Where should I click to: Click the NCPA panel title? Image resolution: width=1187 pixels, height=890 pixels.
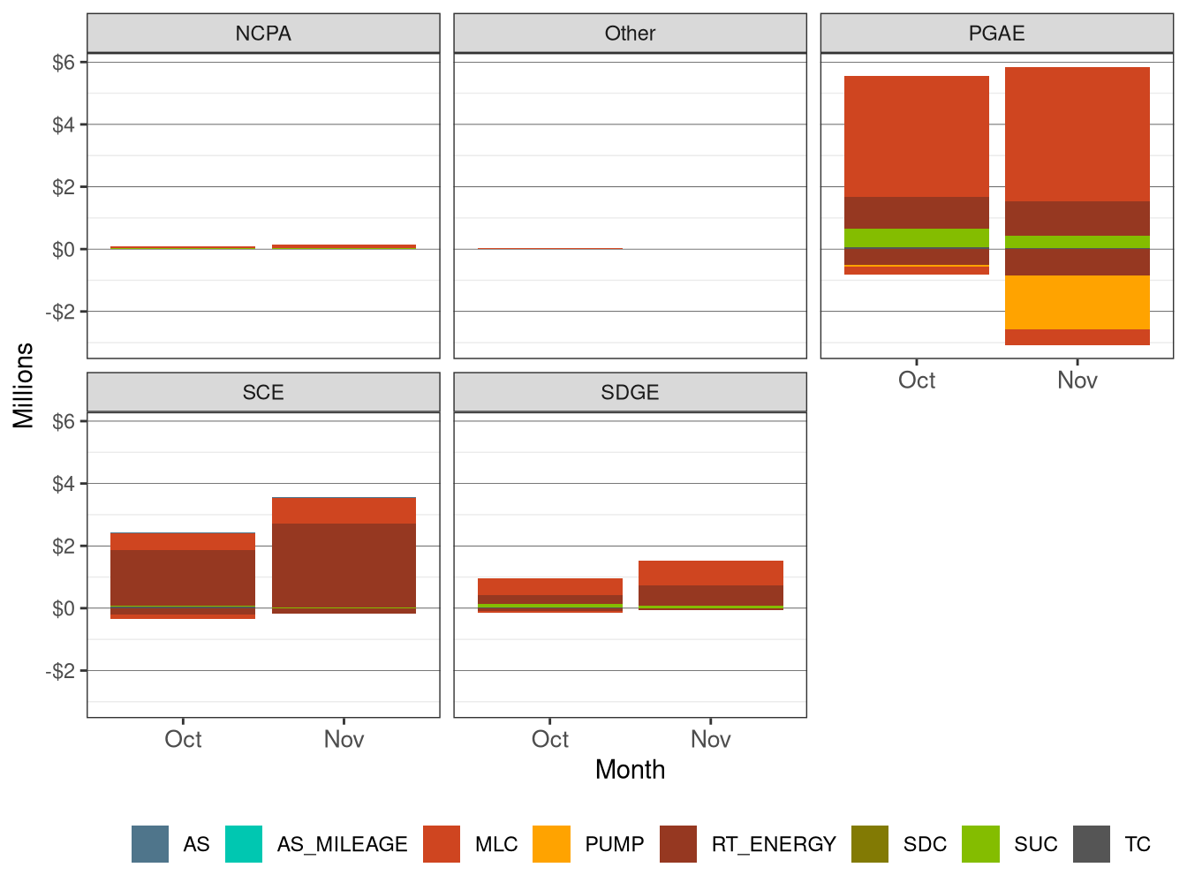pos(263,34)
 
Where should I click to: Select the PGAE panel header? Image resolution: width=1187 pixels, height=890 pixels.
pos(996,34)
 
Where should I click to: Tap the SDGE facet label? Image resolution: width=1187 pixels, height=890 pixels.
pos(630,393)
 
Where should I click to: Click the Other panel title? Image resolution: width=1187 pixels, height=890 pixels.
pos(630,34)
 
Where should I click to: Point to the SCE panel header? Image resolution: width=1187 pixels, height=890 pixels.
pos(263,393)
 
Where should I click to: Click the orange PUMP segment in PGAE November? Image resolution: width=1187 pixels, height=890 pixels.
pos(1077,303)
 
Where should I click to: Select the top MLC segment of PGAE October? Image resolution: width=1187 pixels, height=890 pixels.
pos(916,137)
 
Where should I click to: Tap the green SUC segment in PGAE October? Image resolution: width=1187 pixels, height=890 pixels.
pos(916,238)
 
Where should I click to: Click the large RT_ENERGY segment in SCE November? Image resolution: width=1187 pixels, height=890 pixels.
pos(344,565)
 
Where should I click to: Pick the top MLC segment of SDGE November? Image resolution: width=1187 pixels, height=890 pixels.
pos(710,573)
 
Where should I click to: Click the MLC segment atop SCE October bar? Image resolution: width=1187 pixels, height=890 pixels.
pos(183,541)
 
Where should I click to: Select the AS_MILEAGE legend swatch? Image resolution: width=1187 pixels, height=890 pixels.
pos(244,844)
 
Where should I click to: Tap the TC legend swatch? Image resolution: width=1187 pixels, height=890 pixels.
pos(1092,844)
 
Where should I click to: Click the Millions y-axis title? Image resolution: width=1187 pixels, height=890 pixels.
pos(24,386)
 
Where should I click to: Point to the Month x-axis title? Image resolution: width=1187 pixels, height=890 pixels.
pos(630,770)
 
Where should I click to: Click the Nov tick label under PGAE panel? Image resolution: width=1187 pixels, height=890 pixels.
pos(1077,381)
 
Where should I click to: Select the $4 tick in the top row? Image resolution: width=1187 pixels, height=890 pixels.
pos(63,124)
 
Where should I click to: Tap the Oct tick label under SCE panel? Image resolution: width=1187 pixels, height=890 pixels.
pos(183,740)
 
